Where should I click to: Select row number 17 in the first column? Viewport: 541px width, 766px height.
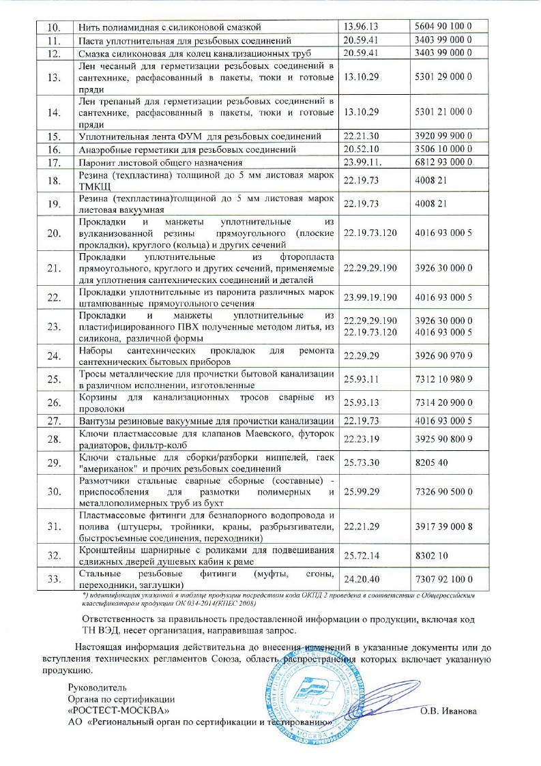pos(46,162)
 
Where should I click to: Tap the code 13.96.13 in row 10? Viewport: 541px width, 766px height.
pos(362,27)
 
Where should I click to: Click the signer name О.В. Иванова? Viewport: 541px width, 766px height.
pos(448,712)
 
